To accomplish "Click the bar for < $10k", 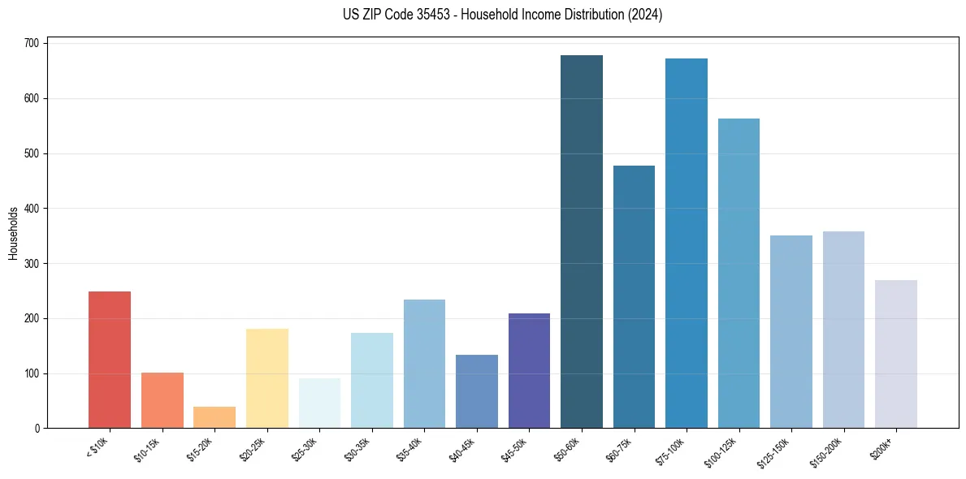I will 110,360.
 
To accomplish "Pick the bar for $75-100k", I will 687,244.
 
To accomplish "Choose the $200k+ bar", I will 896,354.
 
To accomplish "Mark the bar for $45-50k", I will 529,371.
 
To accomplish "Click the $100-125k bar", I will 739,274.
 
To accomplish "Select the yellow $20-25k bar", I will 267,378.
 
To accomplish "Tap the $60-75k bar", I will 634,297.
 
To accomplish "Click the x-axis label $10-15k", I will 147,448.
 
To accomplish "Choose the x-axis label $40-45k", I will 461,448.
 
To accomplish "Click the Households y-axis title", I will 14,233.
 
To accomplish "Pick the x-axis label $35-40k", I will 409,448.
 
